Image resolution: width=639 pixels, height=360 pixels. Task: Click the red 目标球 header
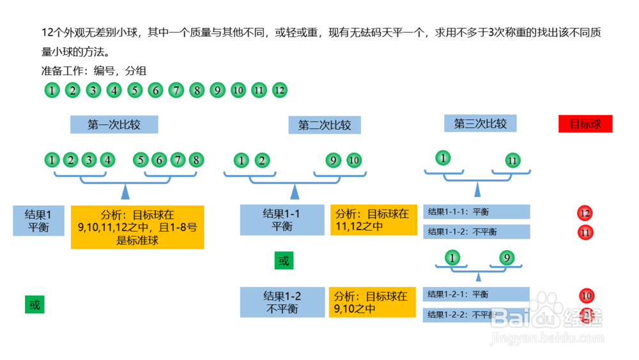585,123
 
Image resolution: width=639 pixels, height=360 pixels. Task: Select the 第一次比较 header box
114,125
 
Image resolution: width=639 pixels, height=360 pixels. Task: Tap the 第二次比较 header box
325,125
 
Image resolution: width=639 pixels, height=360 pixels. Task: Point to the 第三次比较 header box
480,123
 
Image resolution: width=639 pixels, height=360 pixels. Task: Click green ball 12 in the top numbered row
279,90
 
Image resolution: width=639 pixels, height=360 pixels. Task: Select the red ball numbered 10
587,295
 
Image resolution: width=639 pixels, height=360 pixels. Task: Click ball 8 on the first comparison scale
196,160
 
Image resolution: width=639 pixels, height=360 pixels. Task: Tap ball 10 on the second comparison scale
353,160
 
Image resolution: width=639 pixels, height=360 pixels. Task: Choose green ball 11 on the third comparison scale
512,160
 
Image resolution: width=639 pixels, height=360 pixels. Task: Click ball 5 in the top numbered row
134,90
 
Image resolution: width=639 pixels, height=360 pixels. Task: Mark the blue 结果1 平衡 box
38,221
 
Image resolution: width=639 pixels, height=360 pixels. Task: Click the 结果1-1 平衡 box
282,220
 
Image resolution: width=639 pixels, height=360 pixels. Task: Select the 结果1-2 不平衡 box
282,302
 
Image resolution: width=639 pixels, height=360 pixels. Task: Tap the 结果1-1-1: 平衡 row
476,212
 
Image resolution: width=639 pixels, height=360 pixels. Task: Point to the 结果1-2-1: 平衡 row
476,294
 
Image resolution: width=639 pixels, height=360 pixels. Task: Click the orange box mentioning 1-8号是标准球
137,227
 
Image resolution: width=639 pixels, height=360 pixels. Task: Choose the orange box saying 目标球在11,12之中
373,220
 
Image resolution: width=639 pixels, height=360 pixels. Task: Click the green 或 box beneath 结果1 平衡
35,305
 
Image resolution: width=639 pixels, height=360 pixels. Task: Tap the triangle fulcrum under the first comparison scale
126,190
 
